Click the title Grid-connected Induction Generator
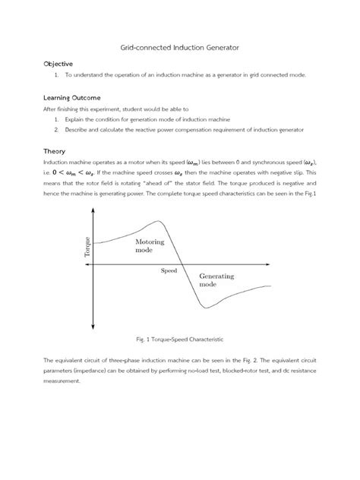pos(180,47)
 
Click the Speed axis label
pos(169,270)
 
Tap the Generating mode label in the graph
pos(216,279)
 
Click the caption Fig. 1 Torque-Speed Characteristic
pos(180,338)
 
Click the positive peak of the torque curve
pos(159,221)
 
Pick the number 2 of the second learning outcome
pos(57,129)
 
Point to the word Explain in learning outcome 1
pos(76,119)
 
